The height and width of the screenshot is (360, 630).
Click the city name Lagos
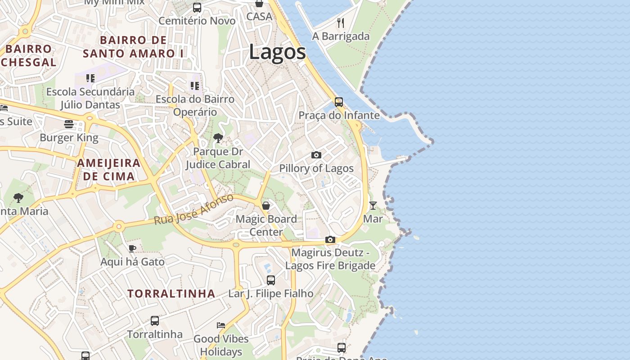coord(277,52)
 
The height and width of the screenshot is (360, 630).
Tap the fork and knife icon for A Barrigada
coord(341,22)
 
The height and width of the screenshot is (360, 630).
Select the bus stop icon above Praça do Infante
coord(338,102)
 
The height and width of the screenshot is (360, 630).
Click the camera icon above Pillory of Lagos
coord(316,155)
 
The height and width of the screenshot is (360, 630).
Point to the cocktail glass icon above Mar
coord(373,206)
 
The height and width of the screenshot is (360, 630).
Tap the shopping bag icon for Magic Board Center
coord(266,206)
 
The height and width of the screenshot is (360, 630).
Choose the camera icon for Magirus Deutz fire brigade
coord(330,239)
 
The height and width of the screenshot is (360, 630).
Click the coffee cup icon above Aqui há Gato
coord(132,248)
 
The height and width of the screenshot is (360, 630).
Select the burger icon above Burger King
coord(69,124)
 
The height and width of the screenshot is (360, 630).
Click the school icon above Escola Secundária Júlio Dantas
coord(90,78)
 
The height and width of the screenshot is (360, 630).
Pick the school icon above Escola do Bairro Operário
coord(195,85)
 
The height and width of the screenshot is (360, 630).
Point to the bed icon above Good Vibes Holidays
coord(221,325)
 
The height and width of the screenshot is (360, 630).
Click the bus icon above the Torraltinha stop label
coord(155,321)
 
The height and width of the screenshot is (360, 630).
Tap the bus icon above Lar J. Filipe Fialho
coord(271,280)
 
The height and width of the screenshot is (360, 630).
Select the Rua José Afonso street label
coord(194,210)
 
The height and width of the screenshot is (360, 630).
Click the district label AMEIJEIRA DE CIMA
coord(108,170)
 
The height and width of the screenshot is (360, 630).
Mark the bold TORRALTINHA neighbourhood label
coord(171,294)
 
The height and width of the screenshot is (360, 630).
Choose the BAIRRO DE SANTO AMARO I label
coord(133,47)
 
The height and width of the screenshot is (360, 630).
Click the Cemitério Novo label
coord(197,21)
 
